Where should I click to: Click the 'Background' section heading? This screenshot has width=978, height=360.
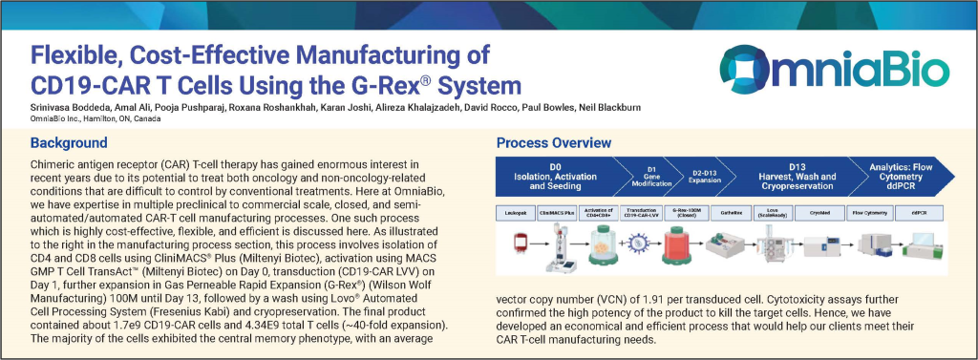pyautogui.click(x=69, y=143)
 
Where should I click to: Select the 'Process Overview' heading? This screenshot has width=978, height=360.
pyautogui.click(x=554, y=143)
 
